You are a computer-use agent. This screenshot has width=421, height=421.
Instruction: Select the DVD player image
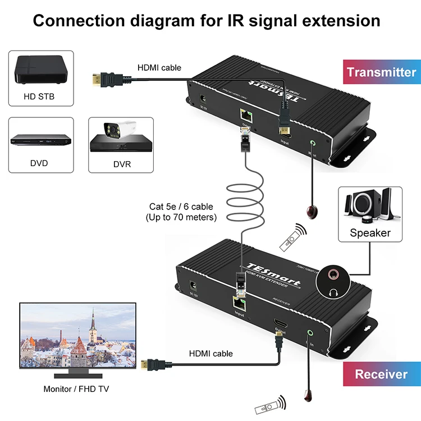39,140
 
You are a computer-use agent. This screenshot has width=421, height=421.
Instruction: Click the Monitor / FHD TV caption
78,389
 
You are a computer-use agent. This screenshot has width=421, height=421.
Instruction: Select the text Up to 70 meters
181,217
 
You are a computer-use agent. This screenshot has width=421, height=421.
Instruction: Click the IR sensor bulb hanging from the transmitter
312,212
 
